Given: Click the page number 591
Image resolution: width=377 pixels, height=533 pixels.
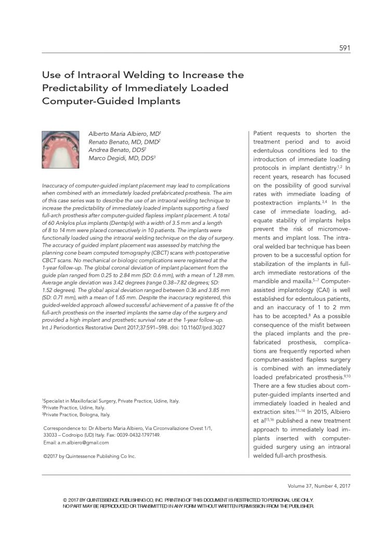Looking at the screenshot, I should click(344, 48).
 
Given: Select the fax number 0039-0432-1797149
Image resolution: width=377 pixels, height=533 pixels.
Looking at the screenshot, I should click(138, 435).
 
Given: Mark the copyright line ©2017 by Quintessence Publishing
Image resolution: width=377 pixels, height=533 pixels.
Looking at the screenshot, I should click(89, 456).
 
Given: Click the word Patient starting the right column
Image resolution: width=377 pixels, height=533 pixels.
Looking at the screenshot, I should click(266, 133).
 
